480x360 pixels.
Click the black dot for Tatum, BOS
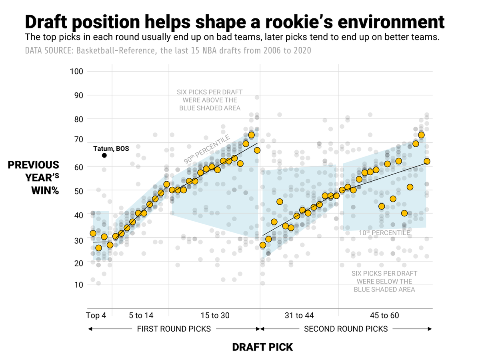point(104,155)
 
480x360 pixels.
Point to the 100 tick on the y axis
point(76,72)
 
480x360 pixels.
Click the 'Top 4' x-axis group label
point(96,316)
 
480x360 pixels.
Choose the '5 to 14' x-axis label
point(141,316)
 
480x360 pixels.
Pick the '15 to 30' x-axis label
point(215,316)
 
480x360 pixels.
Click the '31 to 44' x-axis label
point(300,316)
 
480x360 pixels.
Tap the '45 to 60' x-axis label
point(384,316)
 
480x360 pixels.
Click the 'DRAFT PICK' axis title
point(262,347)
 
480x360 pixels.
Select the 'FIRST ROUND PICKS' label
point(174,329)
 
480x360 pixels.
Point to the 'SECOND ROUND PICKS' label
point(346,329)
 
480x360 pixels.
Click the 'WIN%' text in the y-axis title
point(45,190)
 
